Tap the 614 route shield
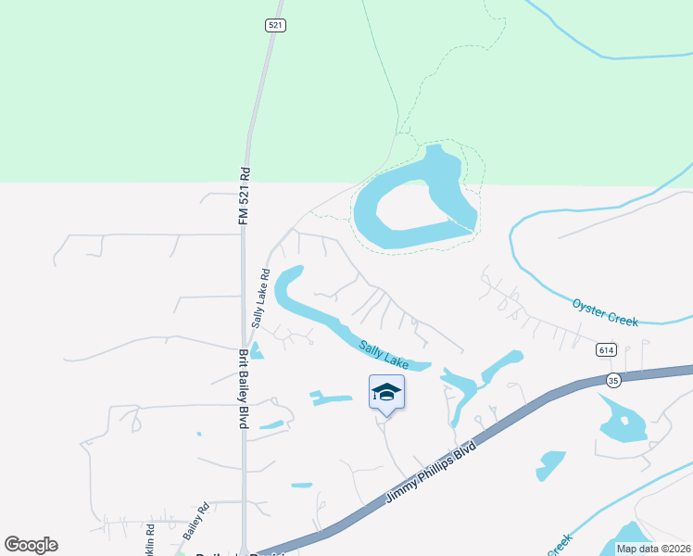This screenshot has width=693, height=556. pos(606,349)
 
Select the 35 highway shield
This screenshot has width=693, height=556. pos(612,380)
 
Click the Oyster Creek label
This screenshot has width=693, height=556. pos(605,311)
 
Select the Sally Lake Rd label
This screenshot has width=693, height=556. pos(259,298)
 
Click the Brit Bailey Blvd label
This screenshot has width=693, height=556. pos(244,388)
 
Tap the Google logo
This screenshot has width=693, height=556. pos(31,545)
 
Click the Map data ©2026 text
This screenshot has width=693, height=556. pos(652,549)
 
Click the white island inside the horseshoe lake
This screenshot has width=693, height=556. pos(409,206)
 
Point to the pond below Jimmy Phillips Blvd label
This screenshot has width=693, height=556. pos(550,464)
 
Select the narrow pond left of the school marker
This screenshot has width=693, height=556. pos(331,399)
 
